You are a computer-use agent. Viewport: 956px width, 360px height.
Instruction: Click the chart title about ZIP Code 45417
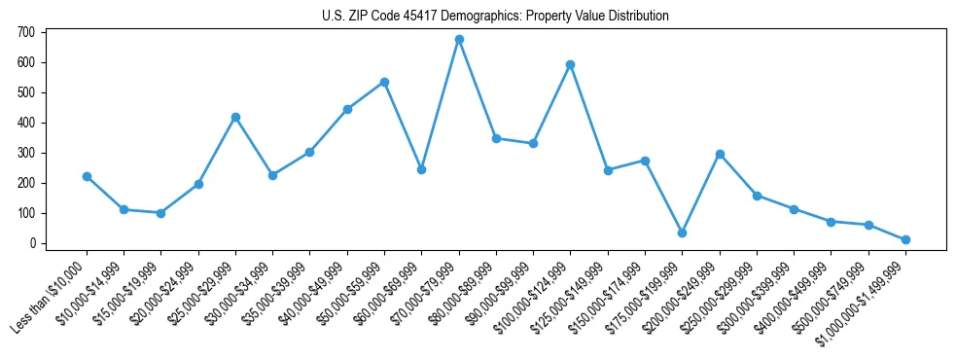tap(495, 17)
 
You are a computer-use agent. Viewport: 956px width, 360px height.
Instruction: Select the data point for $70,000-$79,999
tap(459, 40)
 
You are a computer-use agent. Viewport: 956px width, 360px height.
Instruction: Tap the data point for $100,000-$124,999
tap(570, 65)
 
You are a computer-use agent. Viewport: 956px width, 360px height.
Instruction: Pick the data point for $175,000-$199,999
tap(682, 234)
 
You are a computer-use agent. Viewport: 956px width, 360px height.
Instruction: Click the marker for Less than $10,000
tap(87, 177)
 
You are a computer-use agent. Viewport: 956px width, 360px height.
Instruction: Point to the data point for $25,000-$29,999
tap(235, 117)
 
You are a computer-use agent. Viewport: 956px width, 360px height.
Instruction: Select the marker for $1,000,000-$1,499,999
tap(905, 239)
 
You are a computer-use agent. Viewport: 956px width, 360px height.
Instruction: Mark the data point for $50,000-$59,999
tap(384, 82)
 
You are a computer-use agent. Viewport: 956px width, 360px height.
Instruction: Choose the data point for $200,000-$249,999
tap(720, 154)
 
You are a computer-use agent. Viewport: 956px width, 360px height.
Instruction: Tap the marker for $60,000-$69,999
tap(421, 169)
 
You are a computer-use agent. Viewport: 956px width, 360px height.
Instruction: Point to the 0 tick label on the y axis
tap(32, 243)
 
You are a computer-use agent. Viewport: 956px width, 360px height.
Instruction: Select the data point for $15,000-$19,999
tap(160, 213)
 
